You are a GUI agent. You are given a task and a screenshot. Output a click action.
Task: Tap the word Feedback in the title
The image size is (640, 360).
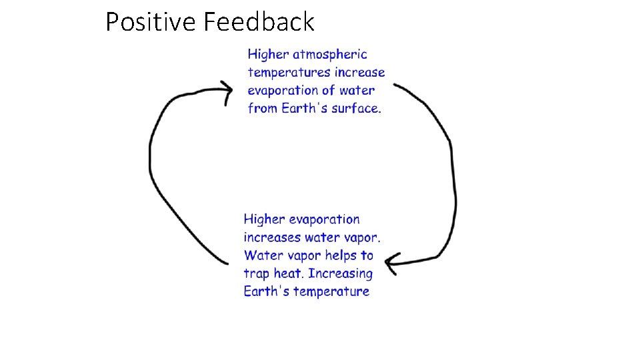259,22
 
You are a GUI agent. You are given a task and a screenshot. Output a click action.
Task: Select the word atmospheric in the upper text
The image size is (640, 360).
330,55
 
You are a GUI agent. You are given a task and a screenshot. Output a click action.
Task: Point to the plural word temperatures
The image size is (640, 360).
289,73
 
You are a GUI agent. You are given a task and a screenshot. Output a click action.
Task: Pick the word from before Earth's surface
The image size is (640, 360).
262,109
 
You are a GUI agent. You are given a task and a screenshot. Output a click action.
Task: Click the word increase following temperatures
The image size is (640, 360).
360,73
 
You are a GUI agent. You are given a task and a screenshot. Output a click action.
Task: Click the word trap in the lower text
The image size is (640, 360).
257,273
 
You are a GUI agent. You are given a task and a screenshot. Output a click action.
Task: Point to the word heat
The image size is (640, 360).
288,273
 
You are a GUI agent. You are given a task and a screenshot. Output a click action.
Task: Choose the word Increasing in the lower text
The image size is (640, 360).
341,273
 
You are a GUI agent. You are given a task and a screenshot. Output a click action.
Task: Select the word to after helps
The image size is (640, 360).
367,255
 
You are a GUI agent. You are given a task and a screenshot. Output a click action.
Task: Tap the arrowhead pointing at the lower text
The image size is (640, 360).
391,262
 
